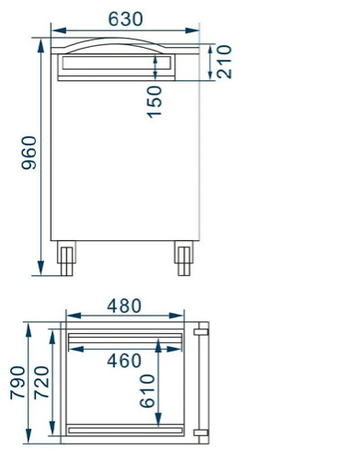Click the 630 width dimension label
point(125,18)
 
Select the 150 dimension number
point(154,100)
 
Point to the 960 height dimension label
point(29,153)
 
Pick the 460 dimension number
point(124,361)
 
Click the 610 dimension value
point(147,392)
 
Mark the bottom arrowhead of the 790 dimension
point(29,436)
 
